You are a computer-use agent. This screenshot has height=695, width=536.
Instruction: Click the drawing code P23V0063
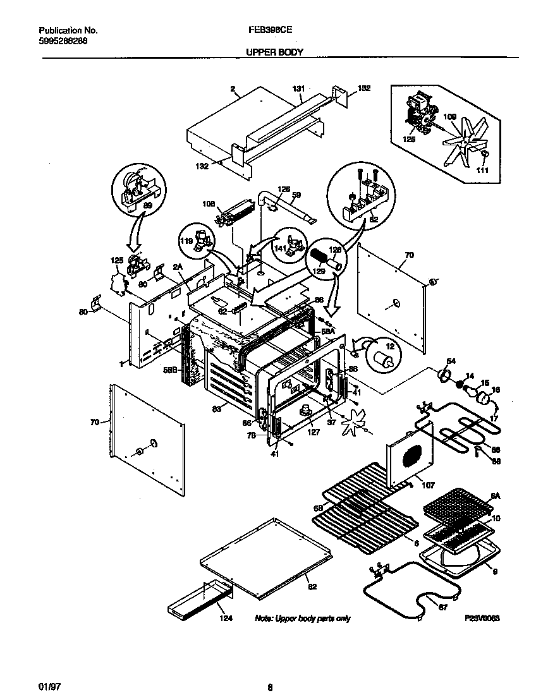coord(482,619)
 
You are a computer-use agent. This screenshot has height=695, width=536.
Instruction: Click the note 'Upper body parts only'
coord(302,619)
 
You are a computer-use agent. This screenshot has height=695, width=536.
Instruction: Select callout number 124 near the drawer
coord(226,619)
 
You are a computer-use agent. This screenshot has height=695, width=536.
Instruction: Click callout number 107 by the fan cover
coord(410,486)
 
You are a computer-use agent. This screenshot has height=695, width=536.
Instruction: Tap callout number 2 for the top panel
coord(233,90)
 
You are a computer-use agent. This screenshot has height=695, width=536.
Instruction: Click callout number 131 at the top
coord(298,88)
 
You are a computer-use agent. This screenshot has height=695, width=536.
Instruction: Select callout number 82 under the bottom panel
coord(311,587)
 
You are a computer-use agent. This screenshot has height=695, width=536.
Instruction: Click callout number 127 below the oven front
coord(314,433)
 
